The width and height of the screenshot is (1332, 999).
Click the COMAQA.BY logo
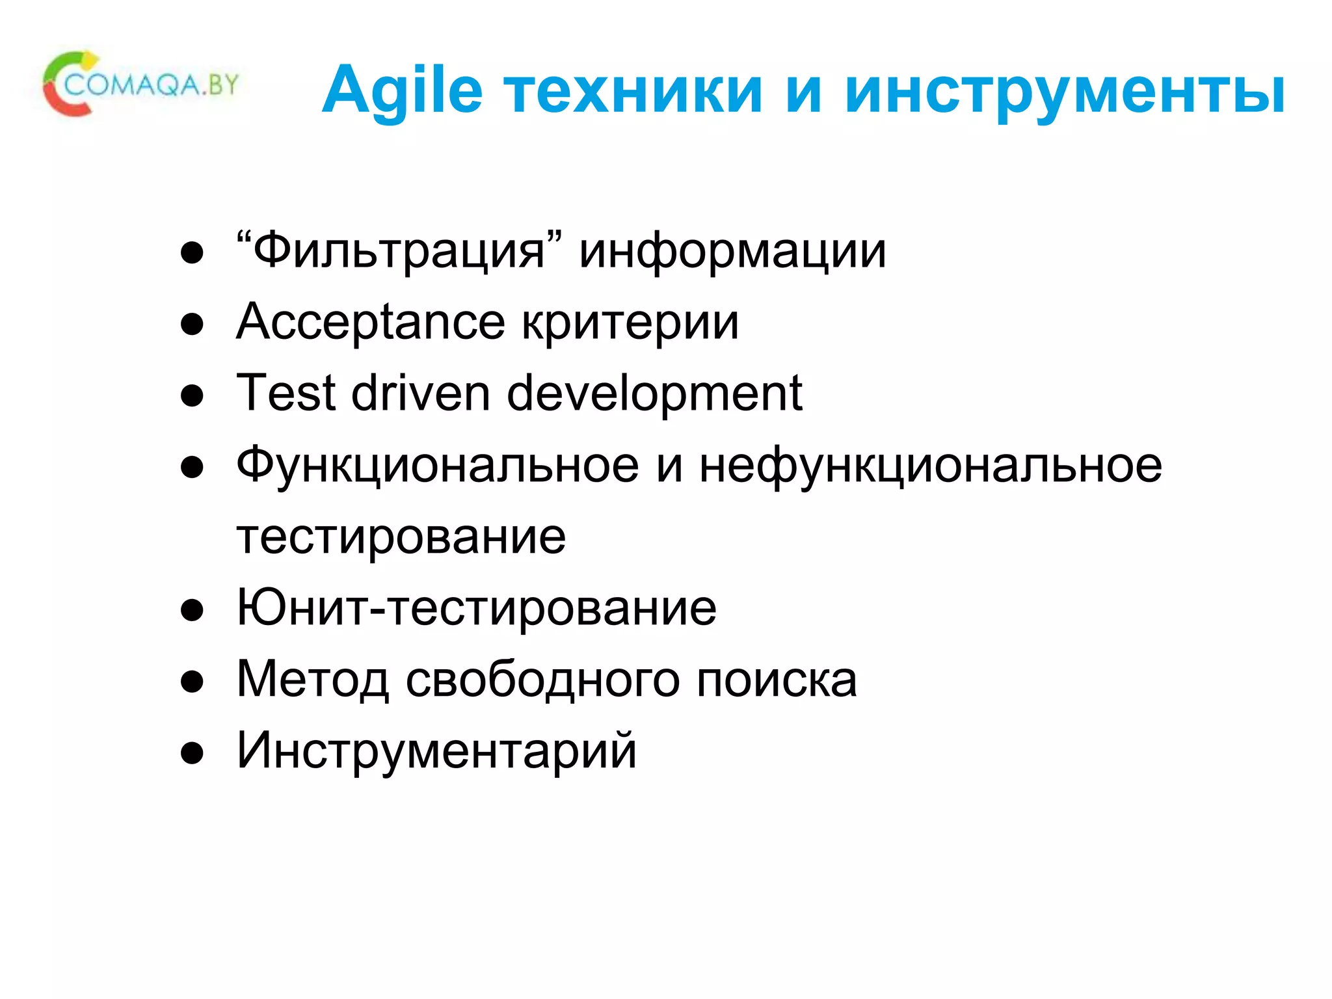point(140,85)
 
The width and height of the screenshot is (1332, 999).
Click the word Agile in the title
point(402,91)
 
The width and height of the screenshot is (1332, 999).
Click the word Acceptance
point(370,323)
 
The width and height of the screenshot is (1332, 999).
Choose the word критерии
point(630,323)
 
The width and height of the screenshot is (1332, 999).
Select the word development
point(654,394)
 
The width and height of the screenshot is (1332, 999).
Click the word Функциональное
point(437,466)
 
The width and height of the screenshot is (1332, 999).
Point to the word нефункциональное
point(930,466)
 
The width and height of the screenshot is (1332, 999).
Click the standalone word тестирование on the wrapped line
point(401,537)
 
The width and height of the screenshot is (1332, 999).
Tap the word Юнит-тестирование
point(476,607)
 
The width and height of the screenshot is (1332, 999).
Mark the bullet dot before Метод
point(192,682)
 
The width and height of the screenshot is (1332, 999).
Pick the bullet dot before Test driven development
point(192,395)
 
